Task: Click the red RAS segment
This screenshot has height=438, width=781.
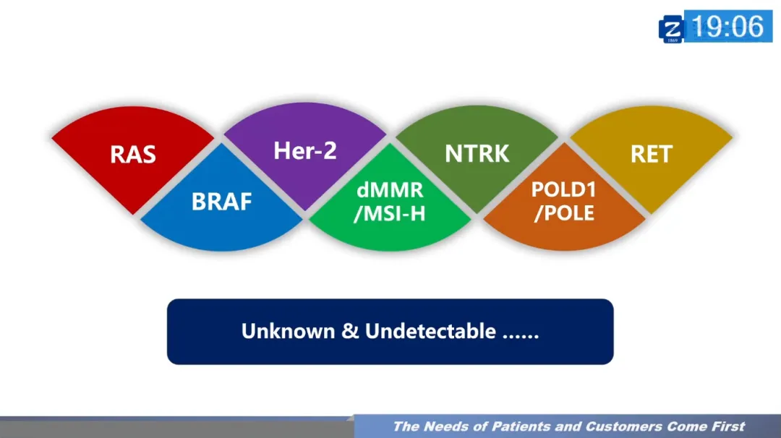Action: [133, 155]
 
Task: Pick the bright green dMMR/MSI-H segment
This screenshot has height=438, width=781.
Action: [390, 203]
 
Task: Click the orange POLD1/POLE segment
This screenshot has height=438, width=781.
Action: [563, 202]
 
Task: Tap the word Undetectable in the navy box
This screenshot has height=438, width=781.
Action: [430, 331]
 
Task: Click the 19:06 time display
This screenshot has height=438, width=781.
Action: [727, 27]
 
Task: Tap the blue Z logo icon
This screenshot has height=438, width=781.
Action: [672, 29]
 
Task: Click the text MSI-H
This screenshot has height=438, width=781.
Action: [390, 214]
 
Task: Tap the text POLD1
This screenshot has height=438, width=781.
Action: [563, 189]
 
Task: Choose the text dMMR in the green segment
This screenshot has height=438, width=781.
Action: [390, 191]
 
